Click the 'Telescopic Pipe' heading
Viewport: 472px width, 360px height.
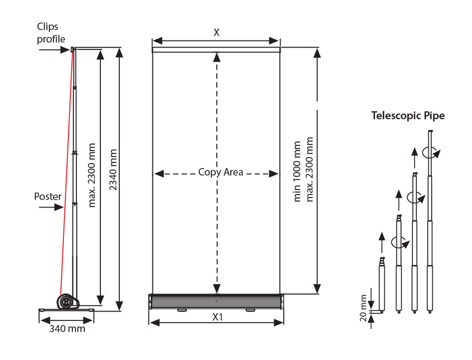pos(408,115)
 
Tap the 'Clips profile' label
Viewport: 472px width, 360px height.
pos(51,33)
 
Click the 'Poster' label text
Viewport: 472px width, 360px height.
pos(48,196)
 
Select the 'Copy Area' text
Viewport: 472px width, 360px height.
pos(221,172)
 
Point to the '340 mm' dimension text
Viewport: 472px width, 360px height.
pos(67,328)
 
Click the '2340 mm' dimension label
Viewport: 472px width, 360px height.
pos(113,169)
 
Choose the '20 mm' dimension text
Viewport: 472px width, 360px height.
pos(363,308)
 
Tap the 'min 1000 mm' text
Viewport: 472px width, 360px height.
pos(297,171)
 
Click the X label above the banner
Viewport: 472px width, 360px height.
pos(216,32)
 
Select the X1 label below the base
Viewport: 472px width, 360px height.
pos(217,317)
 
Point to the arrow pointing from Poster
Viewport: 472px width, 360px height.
pos(51,207)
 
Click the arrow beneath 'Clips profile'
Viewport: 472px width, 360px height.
pos(54,49)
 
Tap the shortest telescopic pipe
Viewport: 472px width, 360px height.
pos(382,284)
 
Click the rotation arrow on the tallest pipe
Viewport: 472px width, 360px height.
pos(431,152)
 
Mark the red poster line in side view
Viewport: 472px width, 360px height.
pos(66,172)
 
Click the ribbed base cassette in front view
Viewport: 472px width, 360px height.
pos(217,301)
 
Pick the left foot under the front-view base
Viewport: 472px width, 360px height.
pos(182,310)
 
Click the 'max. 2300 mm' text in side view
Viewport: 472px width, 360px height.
pos(91,175)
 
